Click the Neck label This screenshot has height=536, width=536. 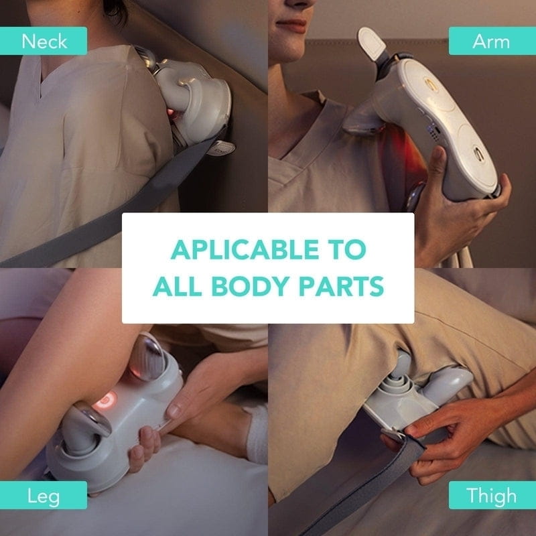point(44,41)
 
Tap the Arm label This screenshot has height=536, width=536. point(492,41)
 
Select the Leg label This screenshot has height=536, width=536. point(44,495)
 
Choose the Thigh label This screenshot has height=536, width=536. point(492,495)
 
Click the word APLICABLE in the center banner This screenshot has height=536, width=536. point(245,249)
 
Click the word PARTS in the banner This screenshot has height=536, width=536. point(342,286)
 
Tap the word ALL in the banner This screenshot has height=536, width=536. point(178,286)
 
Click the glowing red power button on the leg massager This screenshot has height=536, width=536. point(106,399)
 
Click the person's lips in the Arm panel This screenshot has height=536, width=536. point(291,25)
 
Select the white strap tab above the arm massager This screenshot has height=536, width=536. point(372,42)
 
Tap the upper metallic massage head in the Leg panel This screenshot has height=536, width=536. point(147,357)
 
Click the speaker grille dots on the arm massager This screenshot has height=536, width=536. point(434,133)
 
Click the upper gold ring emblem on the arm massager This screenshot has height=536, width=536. point(431,84)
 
